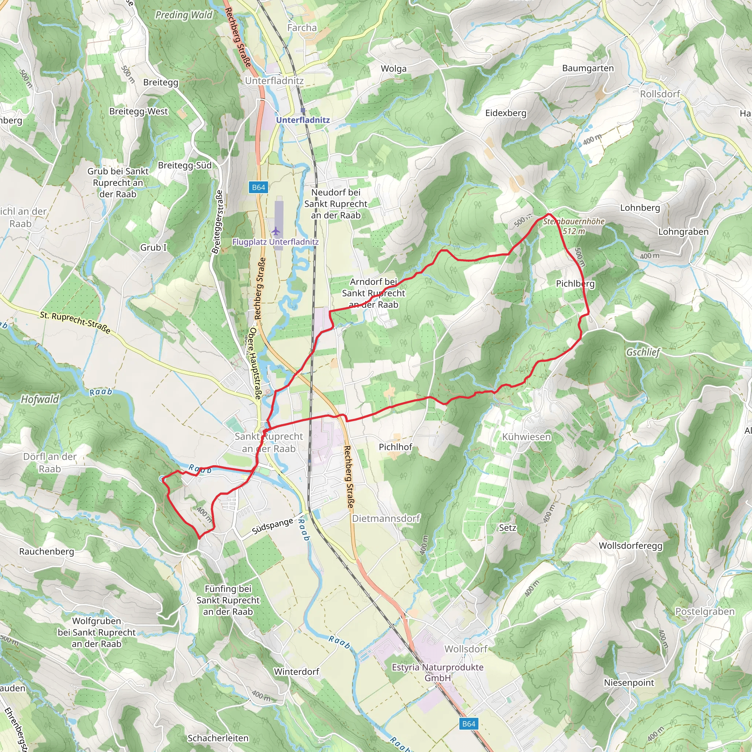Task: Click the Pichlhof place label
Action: (395, 447)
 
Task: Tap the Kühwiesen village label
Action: (526, 437)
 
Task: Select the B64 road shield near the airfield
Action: (258, 187)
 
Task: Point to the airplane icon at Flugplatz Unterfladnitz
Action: (276, 231)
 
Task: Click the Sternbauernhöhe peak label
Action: (574, 221)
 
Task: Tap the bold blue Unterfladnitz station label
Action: (303, 120)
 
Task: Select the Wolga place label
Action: (394, 69)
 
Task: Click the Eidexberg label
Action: (506, 113)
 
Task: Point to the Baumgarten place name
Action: (588, 68)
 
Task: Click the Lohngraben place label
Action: (683, 232)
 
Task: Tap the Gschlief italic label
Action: (643, 352)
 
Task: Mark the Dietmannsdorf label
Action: (386, 518)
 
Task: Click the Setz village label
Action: (507, 528)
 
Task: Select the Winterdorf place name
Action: (296, 672)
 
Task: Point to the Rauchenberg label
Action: (46, 551)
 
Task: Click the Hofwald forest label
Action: (40, 399)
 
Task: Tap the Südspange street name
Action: (272, 526)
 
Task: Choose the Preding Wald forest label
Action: (184, 15)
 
